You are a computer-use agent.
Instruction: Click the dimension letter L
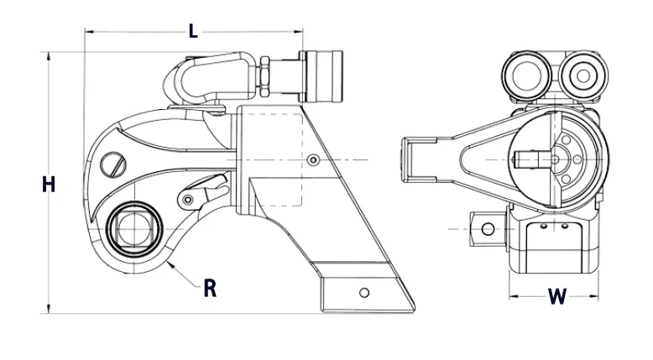click(x=193, y=32)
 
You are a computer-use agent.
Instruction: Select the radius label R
click(x=211, y=288)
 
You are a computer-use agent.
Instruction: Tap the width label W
click(x=556, y=296)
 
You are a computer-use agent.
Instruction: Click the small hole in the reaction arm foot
click(x=363, y=292)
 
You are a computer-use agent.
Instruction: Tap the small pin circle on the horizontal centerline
click(x=313, y=160)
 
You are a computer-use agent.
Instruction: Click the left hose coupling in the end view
click(x=524, y=76)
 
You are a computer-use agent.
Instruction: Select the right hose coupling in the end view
click(x=580, y=75)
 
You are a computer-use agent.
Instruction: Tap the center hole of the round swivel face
click(x=557, y=157)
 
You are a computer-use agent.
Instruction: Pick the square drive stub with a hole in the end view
click(x=484, y=227)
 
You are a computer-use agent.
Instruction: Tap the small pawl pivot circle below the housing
click(x=190, y=199)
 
